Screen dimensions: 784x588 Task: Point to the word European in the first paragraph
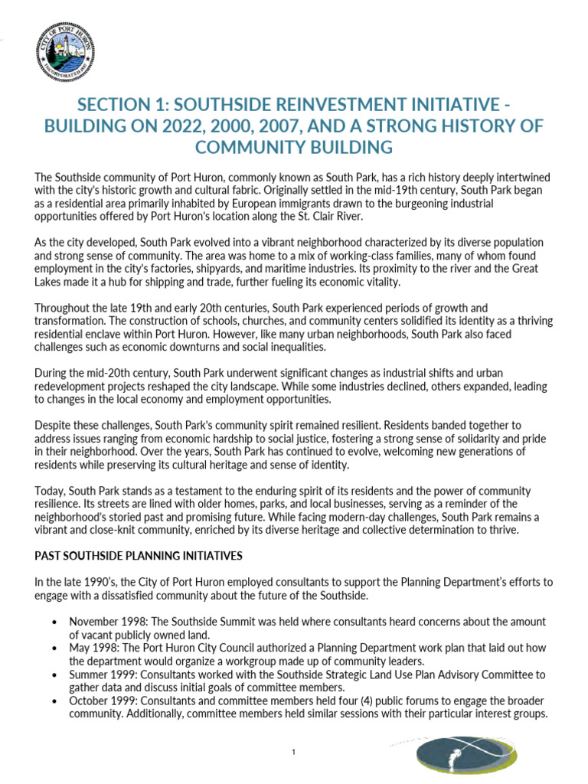click(277, 204)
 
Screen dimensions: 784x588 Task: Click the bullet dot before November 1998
click(54, 622)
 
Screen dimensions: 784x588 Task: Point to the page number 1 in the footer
click(294, 753)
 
